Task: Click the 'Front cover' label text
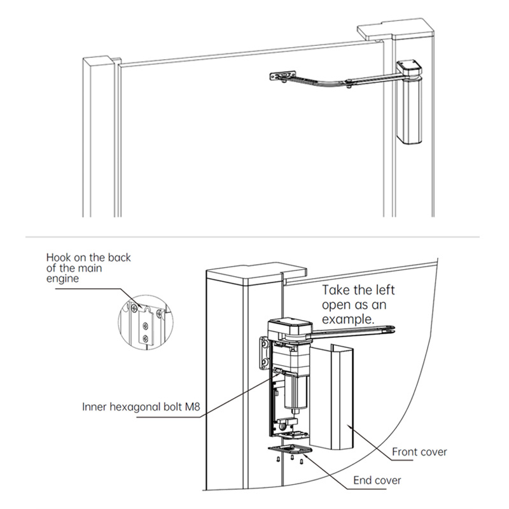click(419, 452)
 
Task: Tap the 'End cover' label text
click(376, 480)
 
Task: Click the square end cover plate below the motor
click(290, 452)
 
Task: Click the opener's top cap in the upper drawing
click(407, 68)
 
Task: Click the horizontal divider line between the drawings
click(254, 237)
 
